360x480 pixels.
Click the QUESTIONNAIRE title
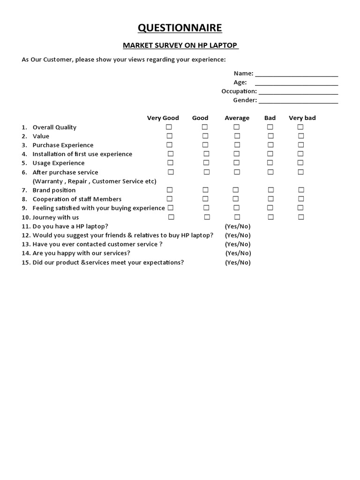point(180,29)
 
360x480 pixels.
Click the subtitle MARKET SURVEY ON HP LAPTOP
point(180,45)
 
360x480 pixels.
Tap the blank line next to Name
point(296,74)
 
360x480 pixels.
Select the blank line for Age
point(296,82)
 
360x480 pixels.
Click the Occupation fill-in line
point(298,91)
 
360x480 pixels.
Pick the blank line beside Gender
point(298,100)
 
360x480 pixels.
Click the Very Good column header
point(163,118)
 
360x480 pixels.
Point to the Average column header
point(237,118)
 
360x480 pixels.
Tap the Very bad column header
point(302,118)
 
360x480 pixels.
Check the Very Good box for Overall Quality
point(169,127)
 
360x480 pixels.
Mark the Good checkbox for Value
point(205,136)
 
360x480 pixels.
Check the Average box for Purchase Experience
point(237,145)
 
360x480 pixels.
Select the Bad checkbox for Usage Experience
point(270,163)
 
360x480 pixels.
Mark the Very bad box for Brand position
point(301,190)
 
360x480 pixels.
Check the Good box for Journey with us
point(206,217)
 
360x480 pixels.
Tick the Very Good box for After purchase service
point(171,172)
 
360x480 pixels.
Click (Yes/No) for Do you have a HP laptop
point(238,226)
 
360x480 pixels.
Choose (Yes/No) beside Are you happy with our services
point(238,253)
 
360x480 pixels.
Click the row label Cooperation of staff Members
point(77,199)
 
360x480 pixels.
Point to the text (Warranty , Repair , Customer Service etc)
point(94,181)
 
